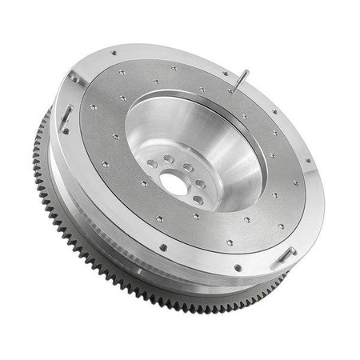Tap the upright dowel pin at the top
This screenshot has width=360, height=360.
pyautogui.click(x=240, y=81)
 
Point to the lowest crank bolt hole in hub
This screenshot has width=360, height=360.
pyautogui.click(x=198, y=201)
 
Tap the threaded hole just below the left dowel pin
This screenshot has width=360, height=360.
pyautogui.click(x=65, y=131)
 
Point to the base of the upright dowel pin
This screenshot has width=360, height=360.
pyautogui.click(x=234, y=90)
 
